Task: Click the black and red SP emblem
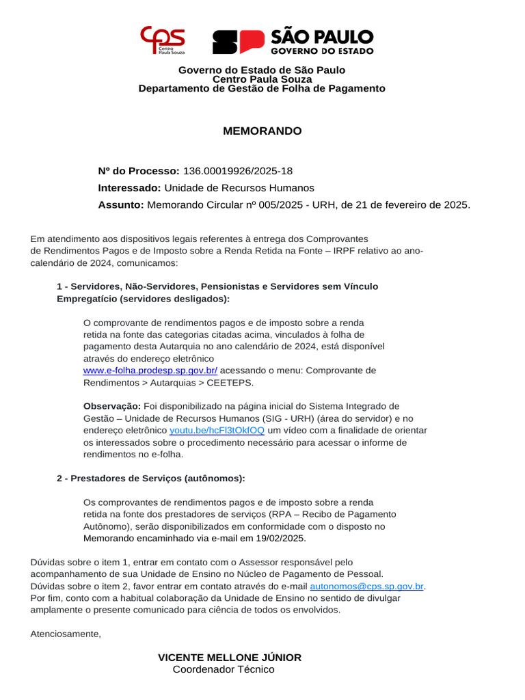(239, 42)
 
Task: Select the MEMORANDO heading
(262, 131)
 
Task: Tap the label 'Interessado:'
(130, 187)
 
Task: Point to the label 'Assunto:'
(121, 204)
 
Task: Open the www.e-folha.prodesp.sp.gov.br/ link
(150, 371)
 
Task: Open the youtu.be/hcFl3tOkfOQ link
(217, 431)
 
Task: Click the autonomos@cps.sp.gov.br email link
(367, 586)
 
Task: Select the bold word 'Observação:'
(112, 406)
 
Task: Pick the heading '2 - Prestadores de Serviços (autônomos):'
(150, 478)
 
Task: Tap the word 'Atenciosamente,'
(66, 634)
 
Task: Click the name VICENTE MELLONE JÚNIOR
(229, 657)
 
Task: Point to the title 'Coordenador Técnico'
(224, 669)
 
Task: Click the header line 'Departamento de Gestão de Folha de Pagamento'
(262, 88)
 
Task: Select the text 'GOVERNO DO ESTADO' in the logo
(323, 51)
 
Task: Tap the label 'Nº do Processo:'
(139, 170)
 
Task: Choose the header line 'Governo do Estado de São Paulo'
(262, 70)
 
